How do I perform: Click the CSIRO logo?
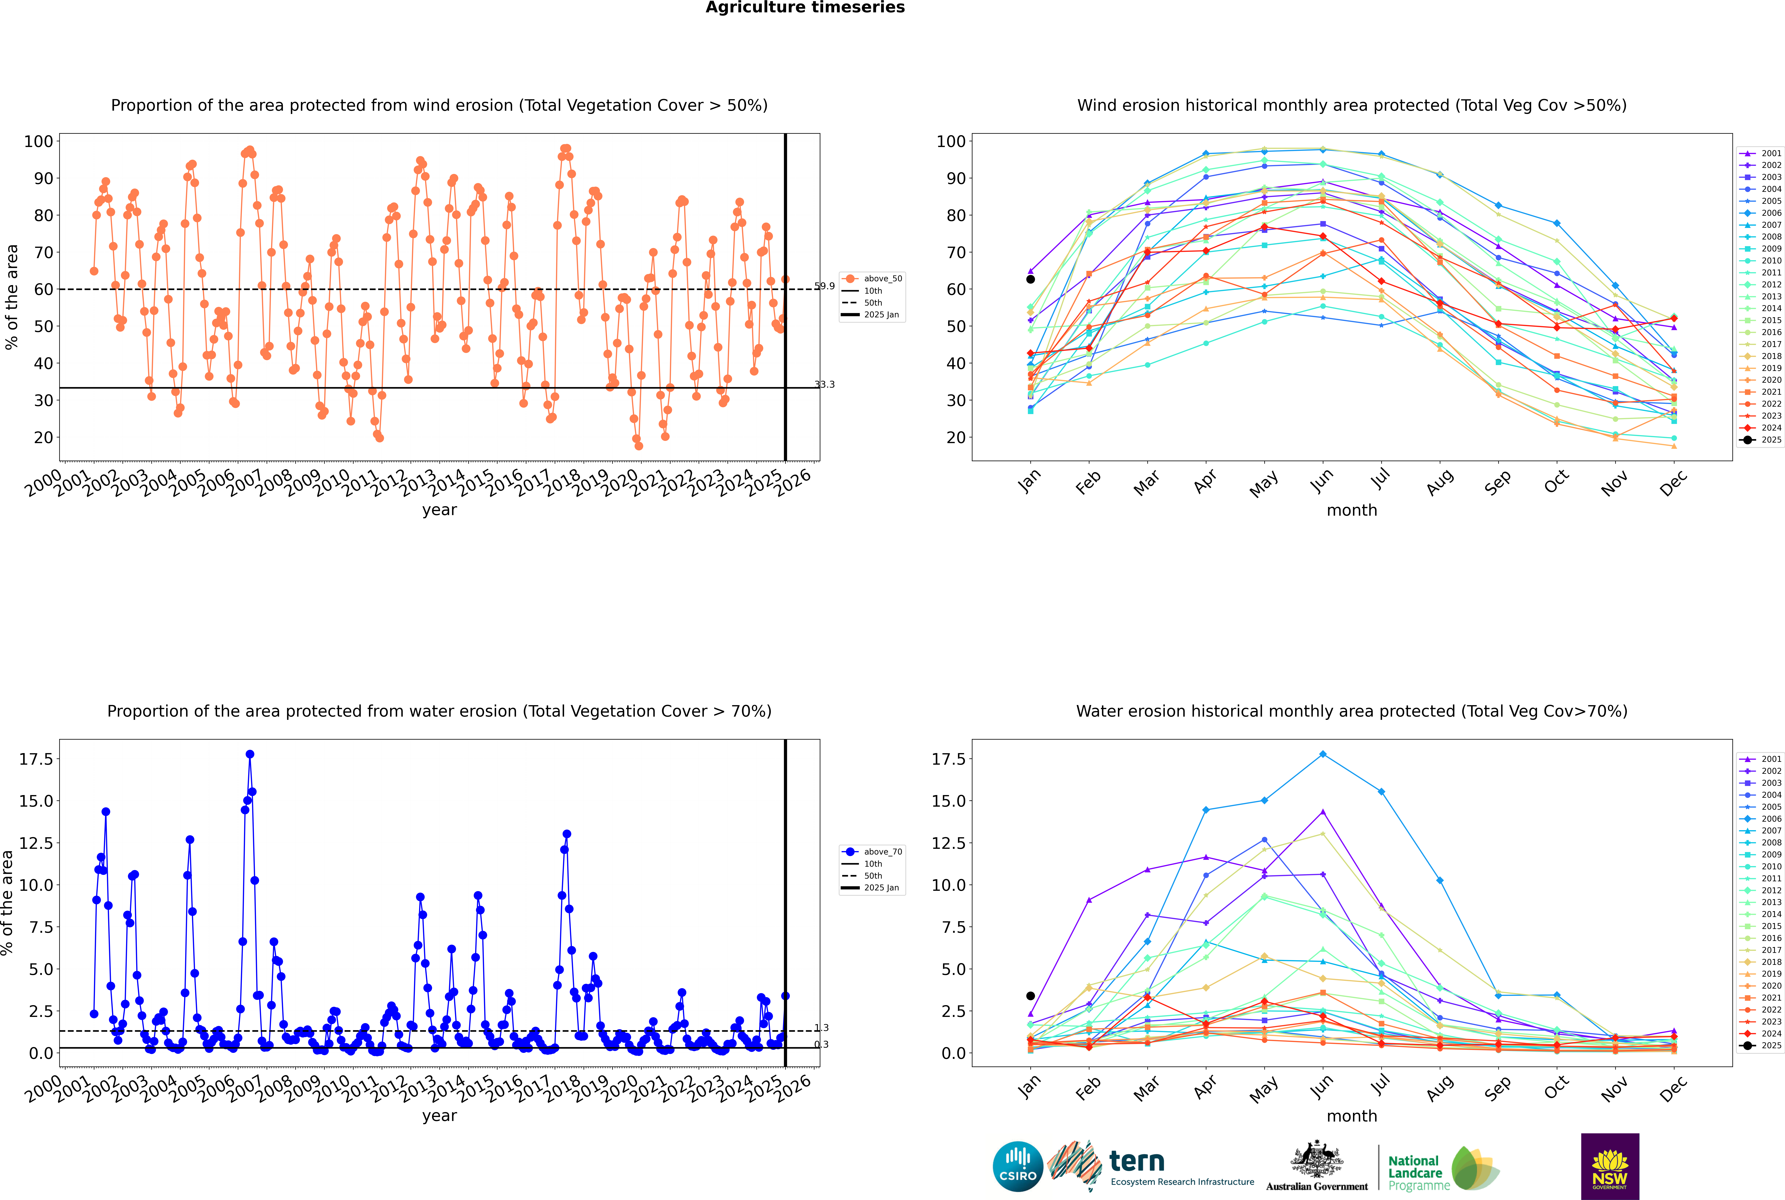[1018, 1166]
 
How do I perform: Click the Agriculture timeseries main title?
[805, 8]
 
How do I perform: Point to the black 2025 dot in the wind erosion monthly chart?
[1031, 279]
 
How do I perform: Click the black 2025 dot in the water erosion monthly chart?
[1031, 996]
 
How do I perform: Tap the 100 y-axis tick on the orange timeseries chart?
[38, 142]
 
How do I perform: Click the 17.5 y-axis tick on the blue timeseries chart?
[36, 759]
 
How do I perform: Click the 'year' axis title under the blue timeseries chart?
[439, 1116]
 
